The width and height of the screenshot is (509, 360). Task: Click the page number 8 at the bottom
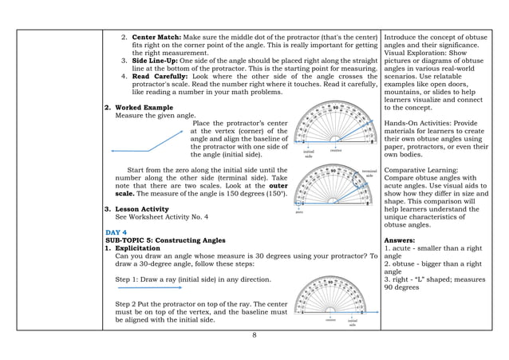pyautogui.click(x=254, y=334)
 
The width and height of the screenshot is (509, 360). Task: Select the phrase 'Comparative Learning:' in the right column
pyautogui.click(x=423, y=170)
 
